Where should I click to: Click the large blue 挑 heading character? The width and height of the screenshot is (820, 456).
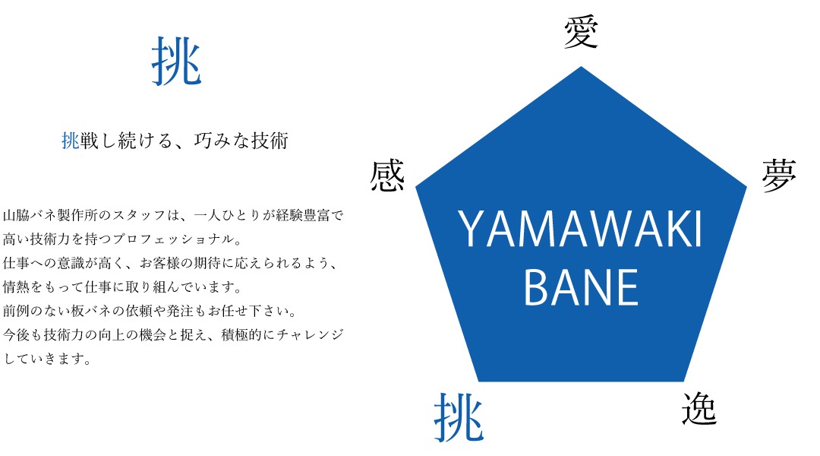(x=177, y=62)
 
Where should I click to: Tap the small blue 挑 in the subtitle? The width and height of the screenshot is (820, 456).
(x=71, y=141)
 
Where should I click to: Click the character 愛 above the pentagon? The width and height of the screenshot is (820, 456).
(x=581, y=33)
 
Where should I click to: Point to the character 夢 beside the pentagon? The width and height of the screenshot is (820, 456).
(x=779, y=176)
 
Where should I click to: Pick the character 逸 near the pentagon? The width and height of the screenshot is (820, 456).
(x=699, y=409)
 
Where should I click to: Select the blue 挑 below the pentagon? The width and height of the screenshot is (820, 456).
(x=459, y=418)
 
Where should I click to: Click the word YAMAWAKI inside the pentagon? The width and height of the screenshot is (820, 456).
(x=581, y=230)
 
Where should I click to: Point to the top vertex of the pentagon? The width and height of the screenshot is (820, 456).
(x=581, y=66)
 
